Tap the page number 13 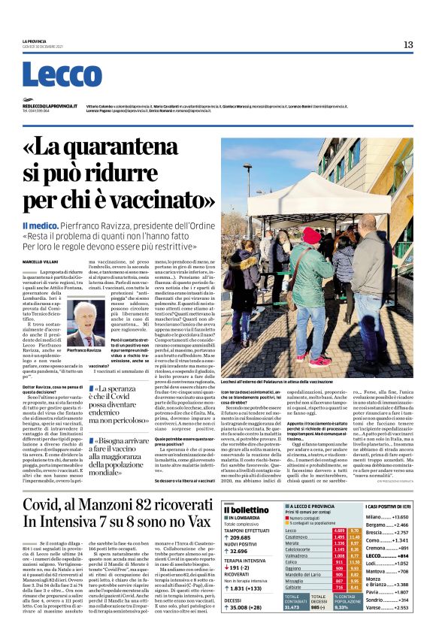(408, 45)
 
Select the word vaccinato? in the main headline (149, 201)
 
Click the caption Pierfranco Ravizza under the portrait (85, 351)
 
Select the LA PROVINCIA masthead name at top (34, 41)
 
